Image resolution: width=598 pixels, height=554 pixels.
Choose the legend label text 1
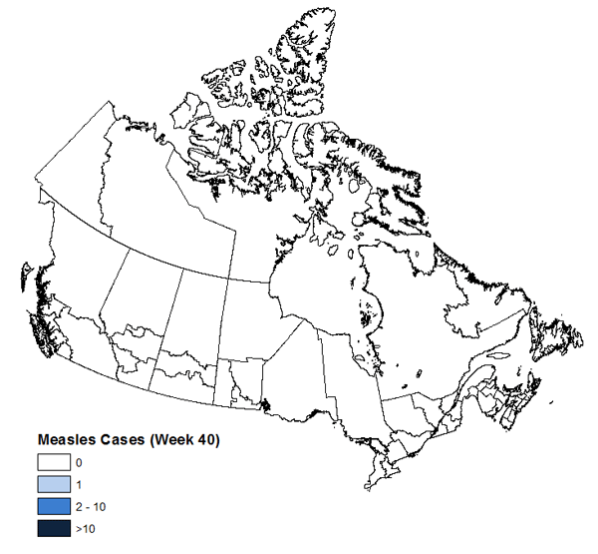coord(79,485)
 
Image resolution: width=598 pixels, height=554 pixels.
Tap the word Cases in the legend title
coord(120,439)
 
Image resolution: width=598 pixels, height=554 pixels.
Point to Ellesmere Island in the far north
coord(309,50)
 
